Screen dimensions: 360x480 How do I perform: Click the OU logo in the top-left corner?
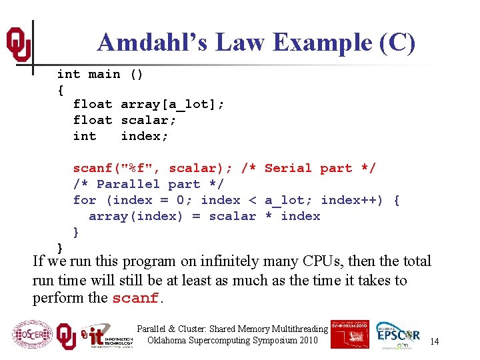tap(18, 44)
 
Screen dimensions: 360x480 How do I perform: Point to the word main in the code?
tap(105, 74)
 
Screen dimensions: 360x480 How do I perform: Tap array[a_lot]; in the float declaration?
tap(172, 104)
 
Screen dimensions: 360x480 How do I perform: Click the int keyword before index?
tap(85, 136)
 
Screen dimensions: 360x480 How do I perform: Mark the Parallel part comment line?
tap(149, 184)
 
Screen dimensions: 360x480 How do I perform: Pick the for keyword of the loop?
tap(85, 200)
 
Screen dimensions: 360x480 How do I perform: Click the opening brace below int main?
tap(61, 89)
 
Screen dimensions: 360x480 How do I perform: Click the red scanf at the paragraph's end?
tap(135, 299)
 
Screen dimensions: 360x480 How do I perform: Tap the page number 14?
tap(434, 341)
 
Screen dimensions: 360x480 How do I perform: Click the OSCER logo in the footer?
tap(31, 334)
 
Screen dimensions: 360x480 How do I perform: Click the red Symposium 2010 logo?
tap(349, 333)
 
